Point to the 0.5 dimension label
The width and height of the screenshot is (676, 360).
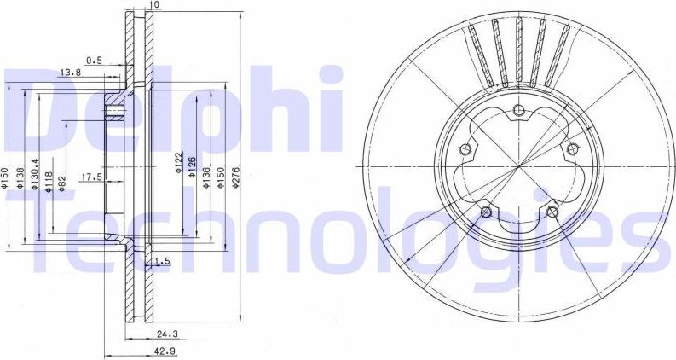coord(94,60)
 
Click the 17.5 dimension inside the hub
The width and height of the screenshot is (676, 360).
coord(91,177)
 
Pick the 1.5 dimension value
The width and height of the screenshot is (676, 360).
coord(163,263)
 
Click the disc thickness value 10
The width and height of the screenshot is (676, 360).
coord(153,5)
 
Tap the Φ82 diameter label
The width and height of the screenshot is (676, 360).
coord(61,183)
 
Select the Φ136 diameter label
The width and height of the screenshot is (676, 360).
coord(206,176)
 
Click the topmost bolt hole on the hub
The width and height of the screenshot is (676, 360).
coord(518,107)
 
